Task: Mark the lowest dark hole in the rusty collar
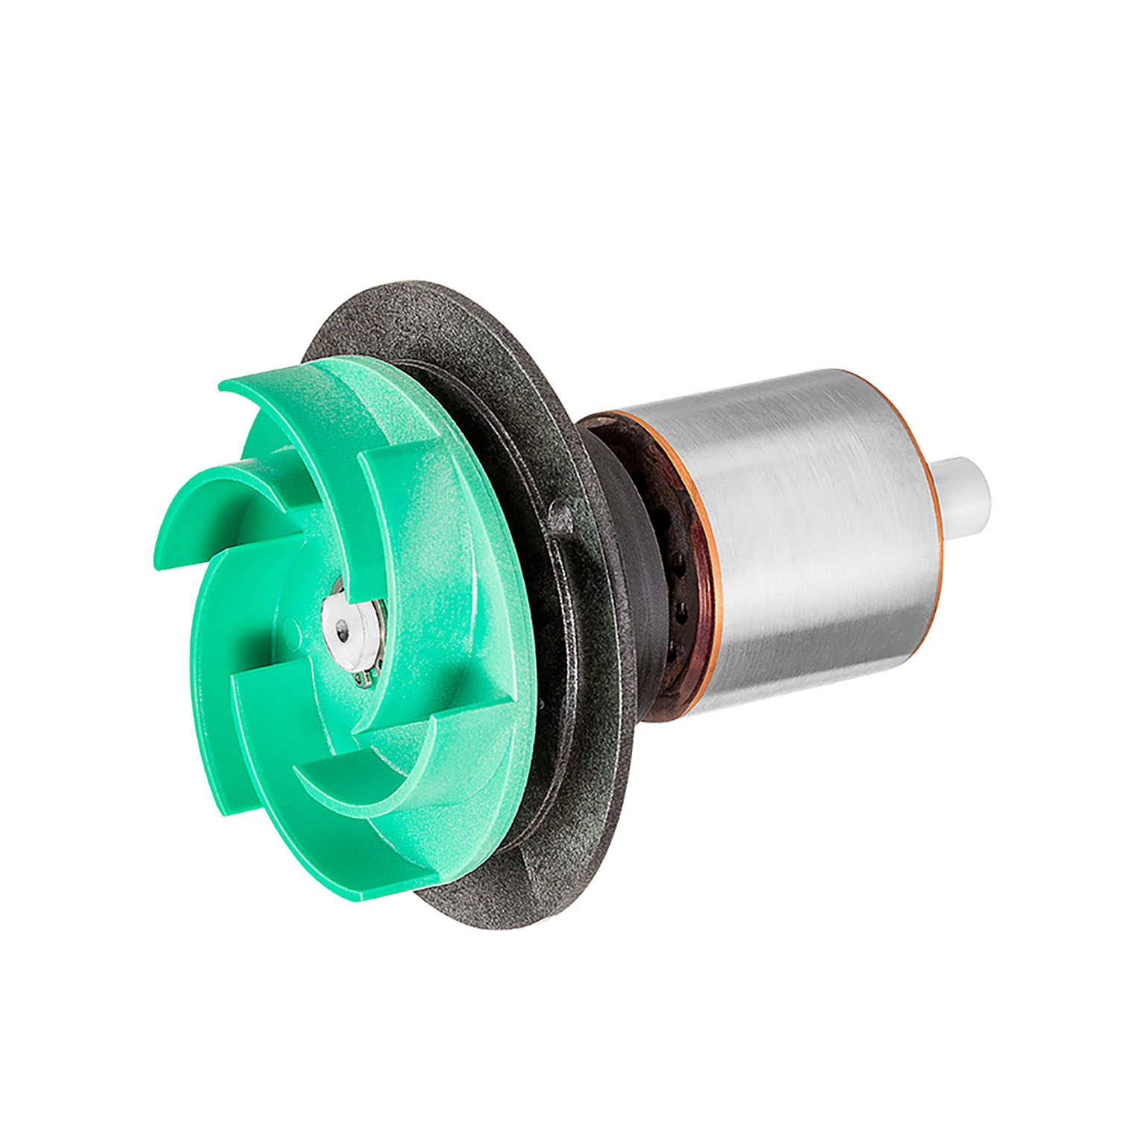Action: coord(670,655)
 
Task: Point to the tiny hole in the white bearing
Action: coord(342,632)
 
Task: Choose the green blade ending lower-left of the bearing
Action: coord(254,709)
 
